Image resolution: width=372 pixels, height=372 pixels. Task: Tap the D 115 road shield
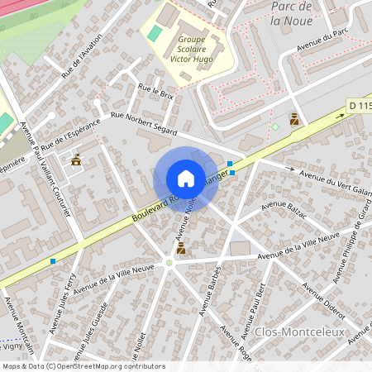coord(358,105)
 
